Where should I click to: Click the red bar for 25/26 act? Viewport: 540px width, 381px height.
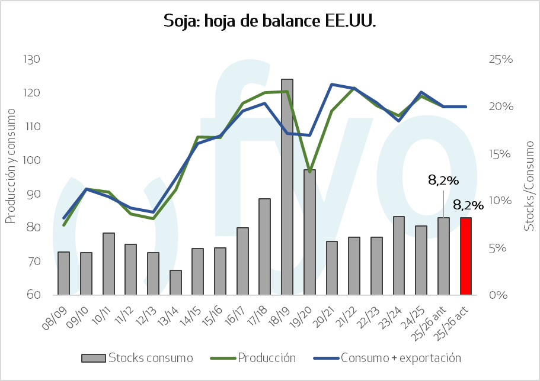pyautogui.click(x=466, y=256)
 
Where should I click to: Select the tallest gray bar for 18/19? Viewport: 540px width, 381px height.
pyautogui.click(x=287, y=187)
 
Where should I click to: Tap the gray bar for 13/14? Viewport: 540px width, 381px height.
pyautogui.click(x=175, y=283)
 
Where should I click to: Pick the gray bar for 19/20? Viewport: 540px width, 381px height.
pyautogui.click(x=309, y=232)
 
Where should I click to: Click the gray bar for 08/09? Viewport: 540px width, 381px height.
pyautogui.click(x=63, y=273)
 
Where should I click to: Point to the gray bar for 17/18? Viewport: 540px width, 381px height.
pyautogui.click(x=264, y=247)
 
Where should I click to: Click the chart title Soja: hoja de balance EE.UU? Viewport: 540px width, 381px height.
pyautogui.click(x=270, y=21)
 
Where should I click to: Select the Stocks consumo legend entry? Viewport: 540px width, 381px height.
pyautogui.click(x=137, y=358)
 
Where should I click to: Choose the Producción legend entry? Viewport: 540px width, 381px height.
pyautogui.click(x=253, y=358)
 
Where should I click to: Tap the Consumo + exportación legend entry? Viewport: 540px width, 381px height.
pyautogui.click(x=387, y=358)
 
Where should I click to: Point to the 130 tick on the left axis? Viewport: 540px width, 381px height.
pyautogui.click(x=31, y=59)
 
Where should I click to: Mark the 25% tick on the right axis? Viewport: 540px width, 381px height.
pyautogui.click(x=501, y=59)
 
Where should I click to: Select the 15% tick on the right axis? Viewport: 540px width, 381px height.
pyautogui.click(x=500, y=153)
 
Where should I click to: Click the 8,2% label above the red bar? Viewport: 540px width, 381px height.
pyautogui.click(x=468, y=205)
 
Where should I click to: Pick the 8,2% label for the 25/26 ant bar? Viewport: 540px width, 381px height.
pyautogui.click(x=443, y=180)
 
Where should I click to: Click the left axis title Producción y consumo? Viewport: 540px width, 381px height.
pyautogui.click(x=11, y=166)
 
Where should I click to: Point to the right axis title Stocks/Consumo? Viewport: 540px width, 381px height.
pyautogui.click(x=529, y=186)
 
